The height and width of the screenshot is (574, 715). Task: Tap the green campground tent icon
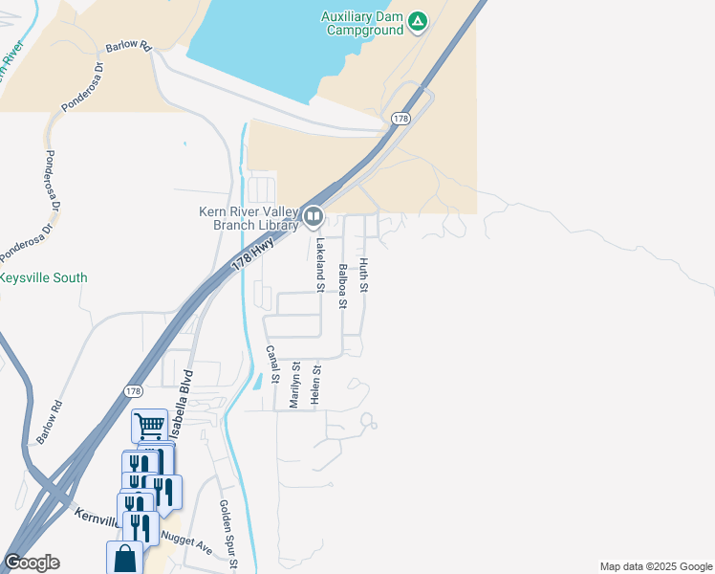418,21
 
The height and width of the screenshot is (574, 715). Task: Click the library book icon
313,219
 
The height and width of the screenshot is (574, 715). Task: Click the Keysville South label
44,278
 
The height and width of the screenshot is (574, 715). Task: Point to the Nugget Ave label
187,541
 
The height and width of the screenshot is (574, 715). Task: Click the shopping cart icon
149,424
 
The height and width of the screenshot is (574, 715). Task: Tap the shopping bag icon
125,558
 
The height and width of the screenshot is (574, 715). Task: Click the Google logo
32,563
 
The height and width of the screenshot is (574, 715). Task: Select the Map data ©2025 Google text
656,566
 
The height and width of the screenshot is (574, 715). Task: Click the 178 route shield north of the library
400,118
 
